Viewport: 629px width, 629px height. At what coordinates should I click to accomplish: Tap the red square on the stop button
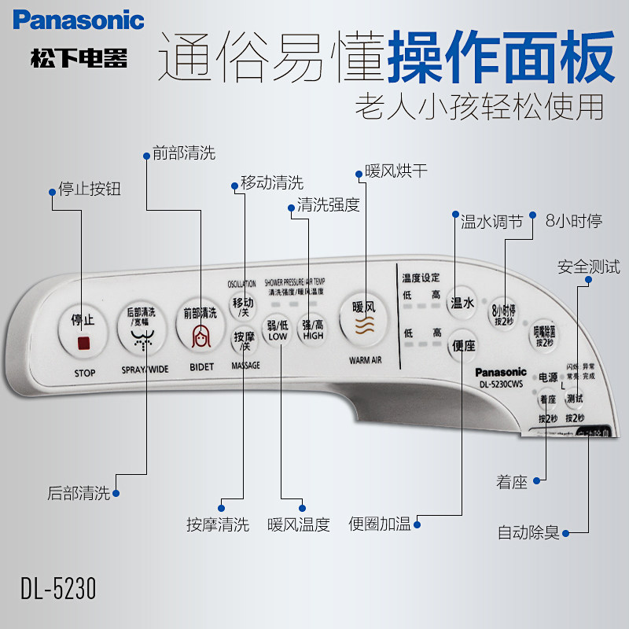[x=83, y=343]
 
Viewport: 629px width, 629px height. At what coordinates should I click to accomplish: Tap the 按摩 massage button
[x=243, y=341]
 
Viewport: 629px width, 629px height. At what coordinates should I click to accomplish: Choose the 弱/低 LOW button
[x=278, y=329]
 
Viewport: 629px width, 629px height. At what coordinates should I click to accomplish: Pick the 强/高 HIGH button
[x=313, y=329]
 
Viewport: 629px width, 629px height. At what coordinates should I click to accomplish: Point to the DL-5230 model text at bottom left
[x=59, y=588]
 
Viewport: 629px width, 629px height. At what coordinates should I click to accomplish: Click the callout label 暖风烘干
[x=397, y=171]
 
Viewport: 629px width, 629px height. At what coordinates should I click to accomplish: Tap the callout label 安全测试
[x=589, y=267]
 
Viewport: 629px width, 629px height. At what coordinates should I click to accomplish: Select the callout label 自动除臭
[x=528, y=532]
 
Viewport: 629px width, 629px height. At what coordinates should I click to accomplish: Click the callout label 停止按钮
[x=90, y=189]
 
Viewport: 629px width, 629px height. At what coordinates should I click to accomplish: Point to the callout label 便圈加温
[x=381, y=524]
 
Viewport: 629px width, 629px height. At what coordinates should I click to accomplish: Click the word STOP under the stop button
[x=84, y=373]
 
